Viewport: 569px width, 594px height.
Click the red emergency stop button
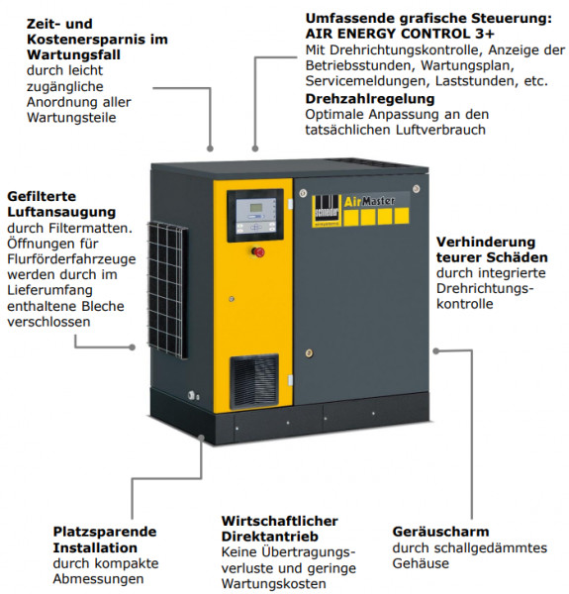point(258,251)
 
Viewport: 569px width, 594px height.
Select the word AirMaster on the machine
point(369,201)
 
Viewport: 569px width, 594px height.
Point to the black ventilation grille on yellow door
point(254,381)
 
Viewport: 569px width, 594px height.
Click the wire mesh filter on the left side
point(167,290)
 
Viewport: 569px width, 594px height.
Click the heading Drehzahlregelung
point(370,98)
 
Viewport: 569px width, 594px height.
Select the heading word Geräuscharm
point(440,532)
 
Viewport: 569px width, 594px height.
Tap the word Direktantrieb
point(269,537)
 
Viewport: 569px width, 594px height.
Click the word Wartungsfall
point(73,54)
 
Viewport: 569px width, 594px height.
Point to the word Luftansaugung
point(61,212)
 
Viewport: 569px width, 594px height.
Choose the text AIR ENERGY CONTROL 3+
point(400,34)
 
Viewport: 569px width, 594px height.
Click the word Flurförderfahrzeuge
point(71,259)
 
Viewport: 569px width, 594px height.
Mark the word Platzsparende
point(105,532)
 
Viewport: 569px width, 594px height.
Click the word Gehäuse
point(421,563)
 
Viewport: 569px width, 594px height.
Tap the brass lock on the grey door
point(309,353)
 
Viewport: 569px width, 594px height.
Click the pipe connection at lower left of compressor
point(193,396)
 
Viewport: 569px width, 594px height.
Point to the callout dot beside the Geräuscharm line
point(436,351)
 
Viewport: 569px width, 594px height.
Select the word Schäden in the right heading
point(517,257)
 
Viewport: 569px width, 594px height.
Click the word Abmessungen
point(98,579)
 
